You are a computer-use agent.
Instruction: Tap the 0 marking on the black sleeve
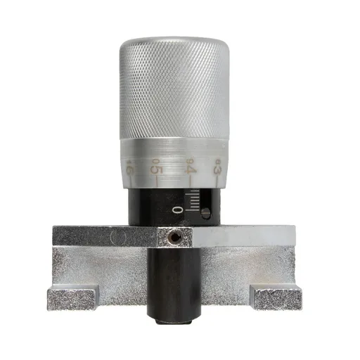[177, 210]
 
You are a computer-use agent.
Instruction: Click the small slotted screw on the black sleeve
[205, 212]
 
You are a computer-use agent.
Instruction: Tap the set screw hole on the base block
[174, 238]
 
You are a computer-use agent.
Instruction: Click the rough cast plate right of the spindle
[243, 271]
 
